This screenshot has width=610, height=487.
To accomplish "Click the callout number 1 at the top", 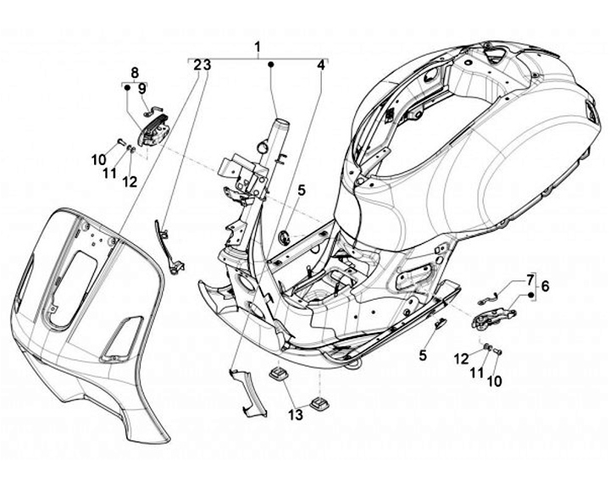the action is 258,47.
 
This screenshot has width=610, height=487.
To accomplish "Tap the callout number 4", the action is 320,65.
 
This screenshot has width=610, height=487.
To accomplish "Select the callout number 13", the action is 296,415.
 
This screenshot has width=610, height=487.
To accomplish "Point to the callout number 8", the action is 135,72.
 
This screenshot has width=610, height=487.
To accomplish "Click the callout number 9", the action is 142,89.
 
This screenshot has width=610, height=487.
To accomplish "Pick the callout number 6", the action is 545,286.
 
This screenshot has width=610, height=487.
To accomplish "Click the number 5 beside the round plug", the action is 302,191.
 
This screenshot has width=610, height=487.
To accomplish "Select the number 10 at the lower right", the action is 494,381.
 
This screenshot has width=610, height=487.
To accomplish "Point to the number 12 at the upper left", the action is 130,181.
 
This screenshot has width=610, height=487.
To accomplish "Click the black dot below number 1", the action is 271,64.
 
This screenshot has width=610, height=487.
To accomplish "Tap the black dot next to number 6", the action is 530,296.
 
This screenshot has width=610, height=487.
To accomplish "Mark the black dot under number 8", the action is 127,88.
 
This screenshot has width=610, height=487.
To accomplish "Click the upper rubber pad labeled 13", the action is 280,374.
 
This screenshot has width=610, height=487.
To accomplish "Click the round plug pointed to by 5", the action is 285,237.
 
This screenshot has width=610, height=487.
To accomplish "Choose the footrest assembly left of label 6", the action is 493,316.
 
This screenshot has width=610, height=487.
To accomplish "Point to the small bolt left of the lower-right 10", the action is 487,346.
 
